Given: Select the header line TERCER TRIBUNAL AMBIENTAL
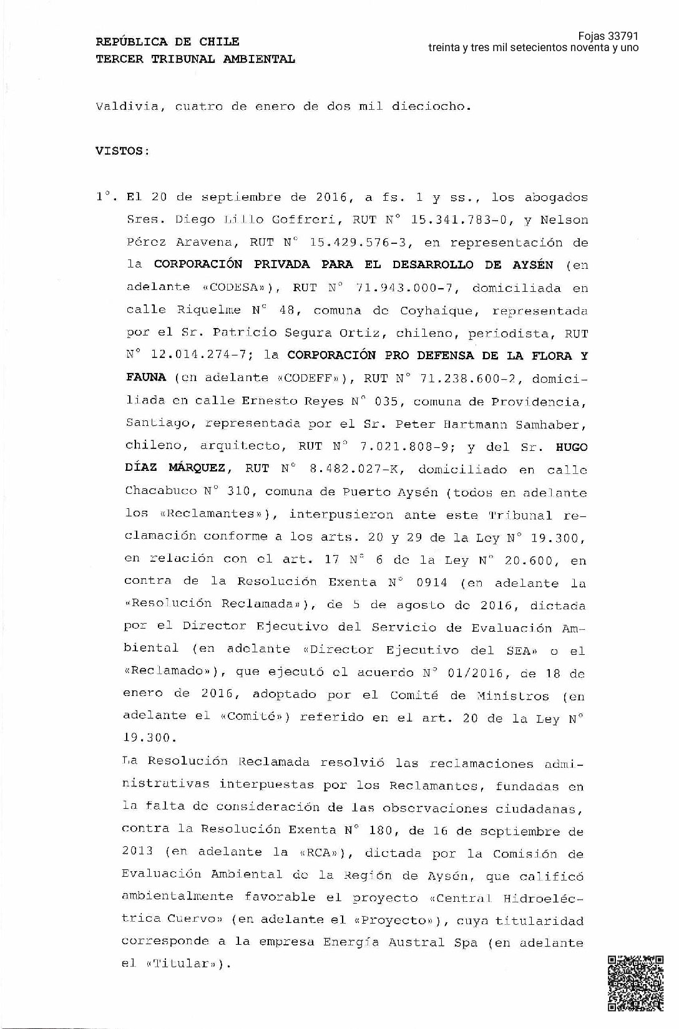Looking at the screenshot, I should tap(195, 59).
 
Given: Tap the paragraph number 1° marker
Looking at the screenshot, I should tap(104, 197).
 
